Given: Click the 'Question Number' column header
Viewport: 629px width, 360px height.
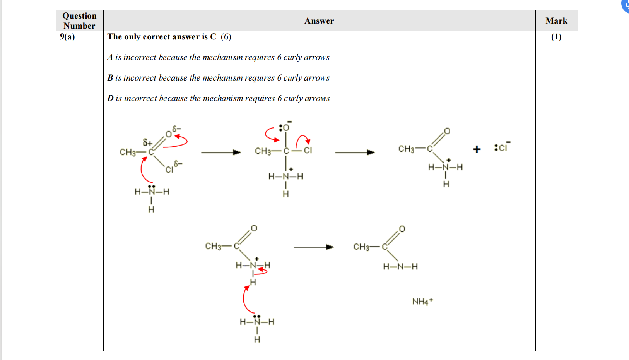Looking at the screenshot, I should click(79, 21).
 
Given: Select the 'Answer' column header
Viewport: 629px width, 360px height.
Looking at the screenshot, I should click(319, 21).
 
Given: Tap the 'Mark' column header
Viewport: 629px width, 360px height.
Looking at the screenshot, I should click(556, 21).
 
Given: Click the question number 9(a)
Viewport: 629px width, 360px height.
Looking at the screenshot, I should click(67, 37).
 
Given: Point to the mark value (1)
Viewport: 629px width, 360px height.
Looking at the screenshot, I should click(556, 37).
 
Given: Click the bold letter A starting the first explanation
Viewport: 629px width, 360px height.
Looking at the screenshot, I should click(110, 57).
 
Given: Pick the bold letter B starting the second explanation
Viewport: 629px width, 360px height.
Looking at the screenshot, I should click(110, 78).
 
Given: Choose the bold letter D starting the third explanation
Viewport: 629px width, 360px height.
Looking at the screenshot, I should click(111, 98).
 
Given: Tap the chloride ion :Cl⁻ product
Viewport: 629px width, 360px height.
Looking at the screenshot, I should click(502, 147).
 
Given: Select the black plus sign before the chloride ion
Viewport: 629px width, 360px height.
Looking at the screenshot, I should click(477, 149).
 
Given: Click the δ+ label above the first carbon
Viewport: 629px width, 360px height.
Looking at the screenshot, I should click(147, 142).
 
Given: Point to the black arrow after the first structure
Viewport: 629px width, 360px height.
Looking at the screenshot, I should click(220, 153).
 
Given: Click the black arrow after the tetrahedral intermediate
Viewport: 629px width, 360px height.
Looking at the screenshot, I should click(355, 153).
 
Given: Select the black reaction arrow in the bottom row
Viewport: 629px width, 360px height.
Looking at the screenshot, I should click(313, 247).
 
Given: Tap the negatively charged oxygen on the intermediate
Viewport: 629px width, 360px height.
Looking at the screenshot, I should click(286, 127).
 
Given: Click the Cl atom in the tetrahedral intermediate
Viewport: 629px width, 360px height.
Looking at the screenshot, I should click(308, 151).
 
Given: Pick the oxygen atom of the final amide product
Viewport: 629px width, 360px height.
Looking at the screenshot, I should click(402, 229).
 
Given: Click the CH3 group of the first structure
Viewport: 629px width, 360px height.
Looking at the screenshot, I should click(128, 152).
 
